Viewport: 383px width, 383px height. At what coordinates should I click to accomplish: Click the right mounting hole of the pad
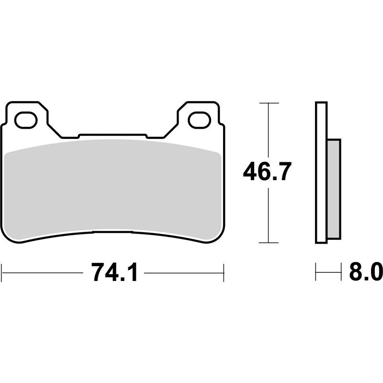pos(199,120)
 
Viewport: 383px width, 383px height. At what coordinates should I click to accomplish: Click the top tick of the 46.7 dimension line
pos(268,103)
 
